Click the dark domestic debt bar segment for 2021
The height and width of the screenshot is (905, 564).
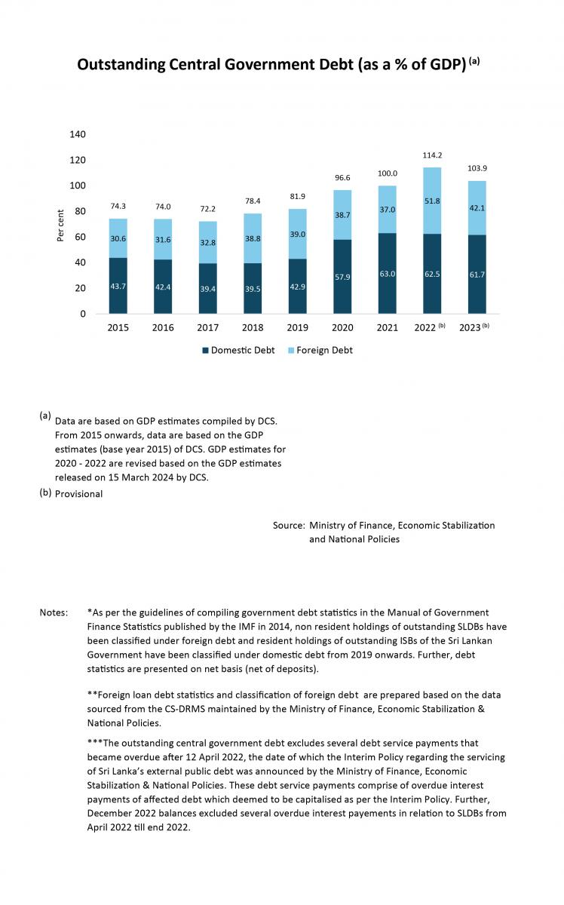pyautogui.click(x=387, y=273)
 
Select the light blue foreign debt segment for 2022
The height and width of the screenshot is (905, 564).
pyautogui.click(x=432, y=201)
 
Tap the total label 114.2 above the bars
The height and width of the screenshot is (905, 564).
pyautogui.click(x=432, y=155)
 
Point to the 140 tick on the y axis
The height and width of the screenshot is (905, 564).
pyautogui.click(x=77, y=134)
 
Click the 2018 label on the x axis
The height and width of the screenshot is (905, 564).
pyautogui.click(x=253, y=327)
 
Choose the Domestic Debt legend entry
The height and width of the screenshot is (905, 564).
pyautogui.click(x=238, y=350)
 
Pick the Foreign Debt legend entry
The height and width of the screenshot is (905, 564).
pyautogui.click(x=320, y=350)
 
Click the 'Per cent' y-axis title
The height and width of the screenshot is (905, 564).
pyautogui.click(x=60, y=225)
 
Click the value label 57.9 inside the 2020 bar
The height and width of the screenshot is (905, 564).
pyautogui.click(x=342, y=278)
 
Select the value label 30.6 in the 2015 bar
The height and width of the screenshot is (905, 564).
pyautogui.click(x=118, y=239)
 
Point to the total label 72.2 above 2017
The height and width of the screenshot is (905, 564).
pyautogui.click(x=207, y=209)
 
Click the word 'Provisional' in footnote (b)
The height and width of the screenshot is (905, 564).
pyautogui.click(x=78, y=494)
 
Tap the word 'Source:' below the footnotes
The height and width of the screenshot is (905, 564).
pyautogui.click(x=289, y=525)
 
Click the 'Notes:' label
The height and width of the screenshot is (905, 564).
pyautogui.click(x=54, y=612)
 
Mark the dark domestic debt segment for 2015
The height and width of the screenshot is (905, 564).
pyautogui.click(x=118, y=286)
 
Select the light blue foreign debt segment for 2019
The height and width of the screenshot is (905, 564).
pyautogui.click(x=297, y=234)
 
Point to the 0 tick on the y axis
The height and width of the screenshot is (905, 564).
pyautogui.click(x=83, y=314)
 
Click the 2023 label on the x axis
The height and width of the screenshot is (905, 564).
pyautogui.click(x=470, y=327)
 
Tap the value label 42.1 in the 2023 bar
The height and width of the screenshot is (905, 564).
pyautogui.click(x=477, y=208)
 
